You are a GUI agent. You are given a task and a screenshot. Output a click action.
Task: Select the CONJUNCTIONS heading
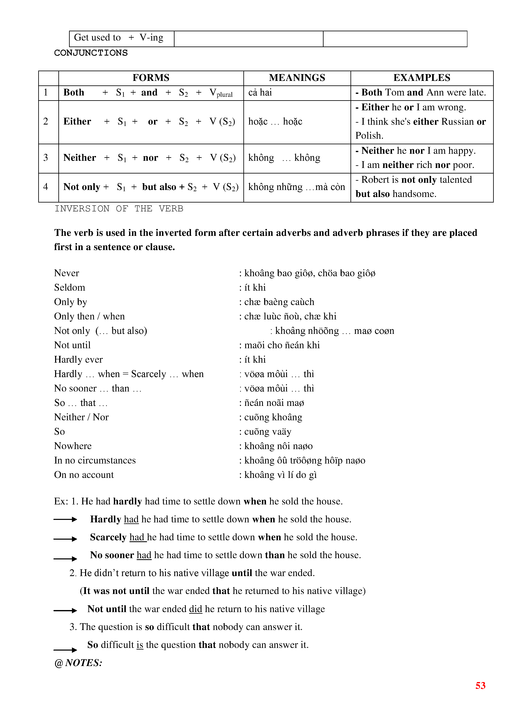(x=91, y=53)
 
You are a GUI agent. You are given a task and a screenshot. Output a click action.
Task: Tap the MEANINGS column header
(x=297, y=78)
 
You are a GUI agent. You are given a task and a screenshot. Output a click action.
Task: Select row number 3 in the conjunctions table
(x=46, y=157)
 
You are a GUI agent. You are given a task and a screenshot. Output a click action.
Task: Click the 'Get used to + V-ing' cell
(x=118, y=38)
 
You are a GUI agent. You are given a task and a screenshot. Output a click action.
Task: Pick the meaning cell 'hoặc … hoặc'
(x=275, y=122)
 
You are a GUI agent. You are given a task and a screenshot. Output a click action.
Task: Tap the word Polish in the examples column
(x=369, y=136)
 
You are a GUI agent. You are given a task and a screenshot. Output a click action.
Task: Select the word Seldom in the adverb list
(x=69, y=287)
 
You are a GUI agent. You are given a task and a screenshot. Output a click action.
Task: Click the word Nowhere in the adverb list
(x=73, y=446)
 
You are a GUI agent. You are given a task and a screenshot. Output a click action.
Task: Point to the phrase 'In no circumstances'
(x=95, y=460)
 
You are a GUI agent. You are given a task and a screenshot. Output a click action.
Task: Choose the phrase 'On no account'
(x=84, y=475)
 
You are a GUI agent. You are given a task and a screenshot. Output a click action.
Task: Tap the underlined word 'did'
(x=195, y=609)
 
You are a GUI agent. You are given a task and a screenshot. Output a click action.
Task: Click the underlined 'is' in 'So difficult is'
(x=140, y=645)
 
